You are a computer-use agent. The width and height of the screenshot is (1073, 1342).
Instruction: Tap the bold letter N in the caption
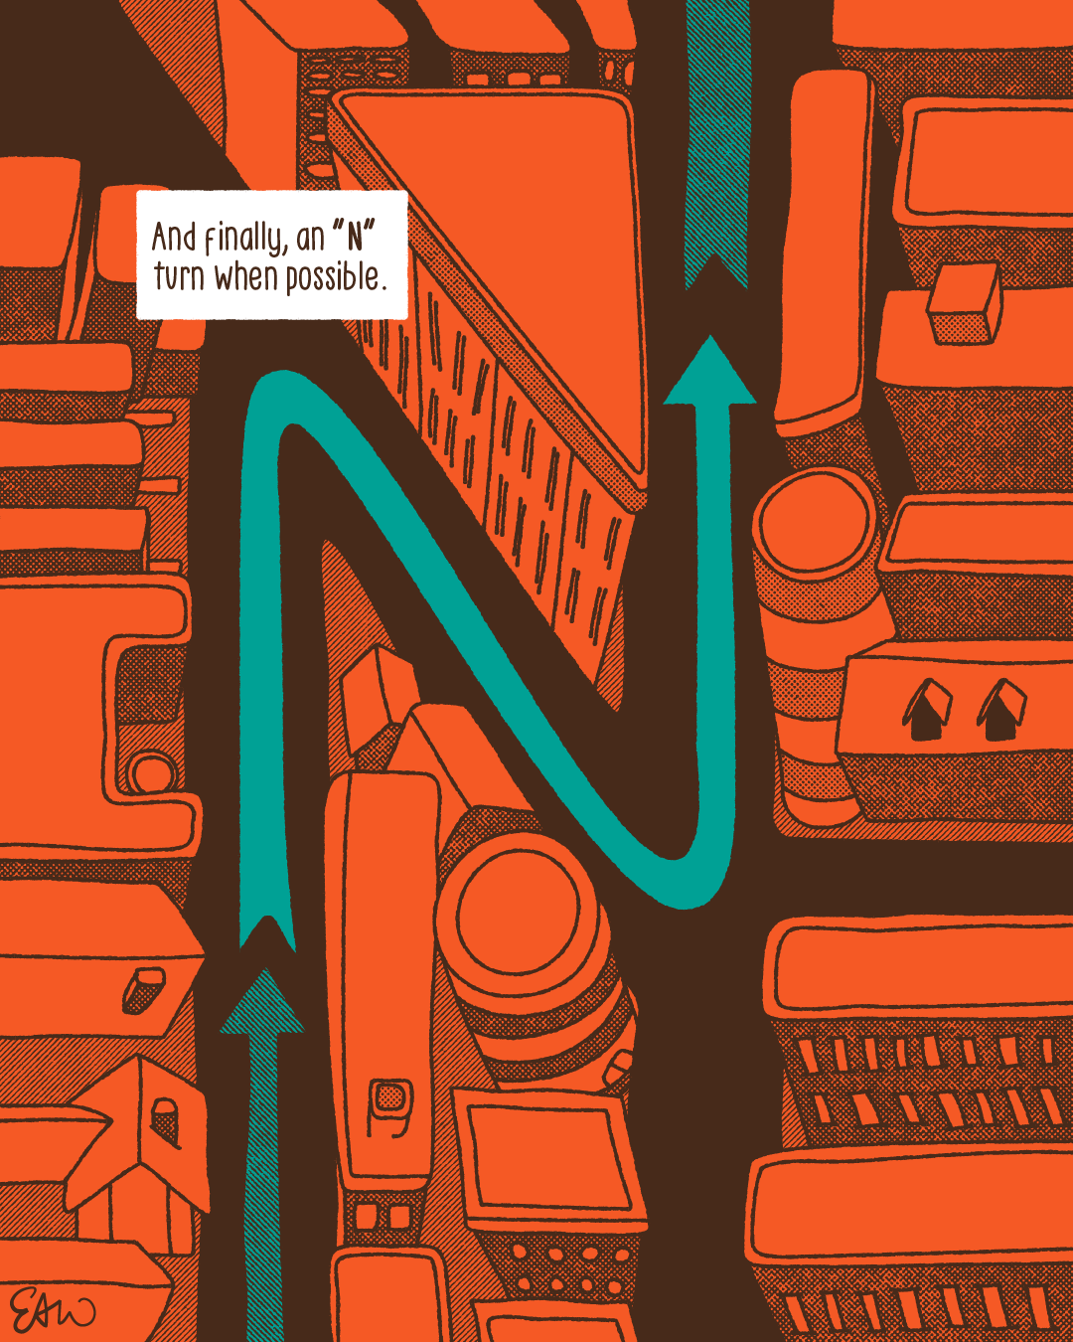pyautogui.click(x=355, y=238)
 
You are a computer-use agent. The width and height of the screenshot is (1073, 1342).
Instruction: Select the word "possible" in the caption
pyautogui.click(x=333, y=277)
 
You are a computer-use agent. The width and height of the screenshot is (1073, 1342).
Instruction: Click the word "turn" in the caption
pyautogui.click(x=179, y=276)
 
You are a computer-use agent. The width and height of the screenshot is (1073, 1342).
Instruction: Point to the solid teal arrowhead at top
pyautogui.click(x=710, y=373)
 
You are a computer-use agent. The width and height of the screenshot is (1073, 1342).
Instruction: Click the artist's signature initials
pyautogui.click(x=52, y=1310)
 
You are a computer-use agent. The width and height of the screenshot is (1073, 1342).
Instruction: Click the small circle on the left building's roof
pyautogui.click(x=149, y=770)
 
